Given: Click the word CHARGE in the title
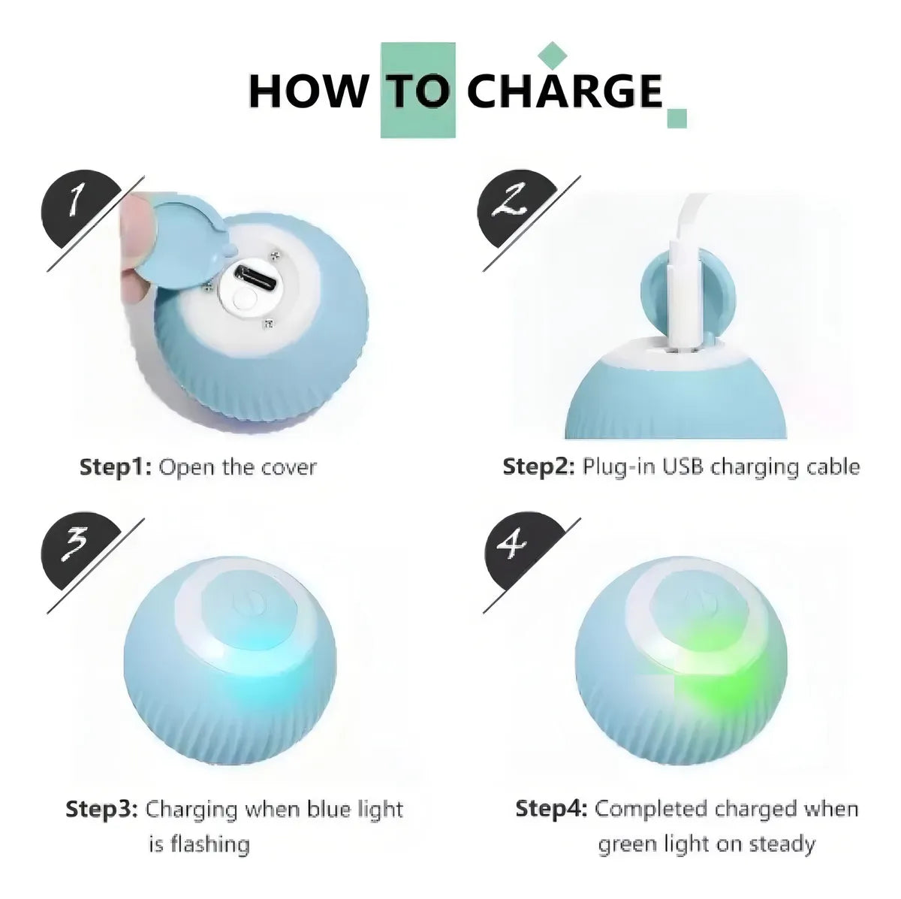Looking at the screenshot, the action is (x=565, y=91).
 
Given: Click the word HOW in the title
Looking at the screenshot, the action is (x=309, y=91).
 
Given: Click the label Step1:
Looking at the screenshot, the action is (x=116, y=467).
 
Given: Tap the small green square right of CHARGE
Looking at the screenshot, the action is (x=677, y=118).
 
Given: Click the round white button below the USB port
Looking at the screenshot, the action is (x=245, y=300).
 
